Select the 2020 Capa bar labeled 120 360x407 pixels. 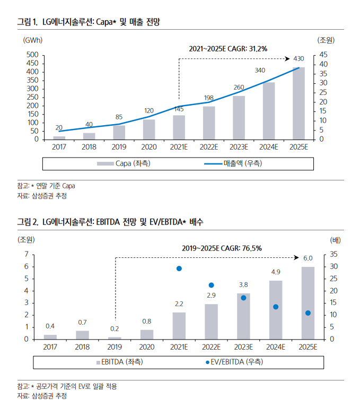click(x=149, y=129)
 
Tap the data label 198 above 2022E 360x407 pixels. click(x=209, y=98)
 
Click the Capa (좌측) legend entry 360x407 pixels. click(x=124, y=163)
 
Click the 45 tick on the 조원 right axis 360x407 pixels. click(x=323, y=55)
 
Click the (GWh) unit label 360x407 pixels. click(x=32, y=40)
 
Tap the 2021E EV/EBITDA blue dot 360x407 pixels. click(x=179, y=269)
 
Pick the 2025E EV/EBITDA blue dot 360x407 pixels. click(x=308, y=313)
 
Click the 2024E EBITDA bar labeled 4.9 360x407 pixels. click(x=276, y=310)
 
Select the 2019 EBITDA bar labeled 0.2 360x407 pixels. click(x=115, y=338)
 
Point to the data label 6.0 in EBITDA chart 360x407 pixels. click(x=308, y=258)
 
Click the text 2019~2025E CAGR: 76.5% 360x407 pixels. click(x=222, y=248)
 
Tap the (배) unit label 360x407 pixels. click(x=335, y=240)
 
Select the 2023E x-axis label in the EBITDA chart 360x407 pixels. click(x=243, y=347)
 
